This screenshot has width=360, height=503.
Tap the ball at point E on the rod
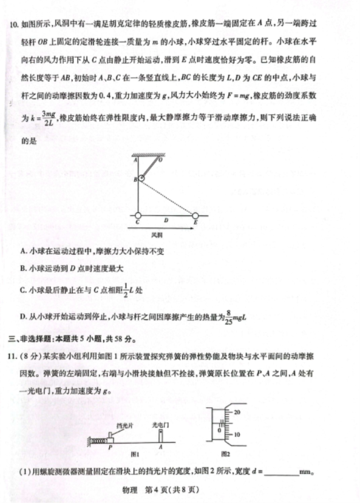[x=195, y=215]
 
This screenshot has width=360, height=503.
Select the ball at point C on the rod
[x=138, y=215]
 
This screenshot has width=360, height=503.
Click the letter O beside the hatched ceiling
[x=160, y=160]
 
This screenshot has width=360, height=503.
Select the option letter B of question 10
[x=22, y=268]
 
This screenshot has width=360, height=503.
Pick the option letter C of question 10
[x=22, y=290]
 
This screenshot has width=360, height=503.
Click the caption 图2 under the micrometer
[x=225, y=454]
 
